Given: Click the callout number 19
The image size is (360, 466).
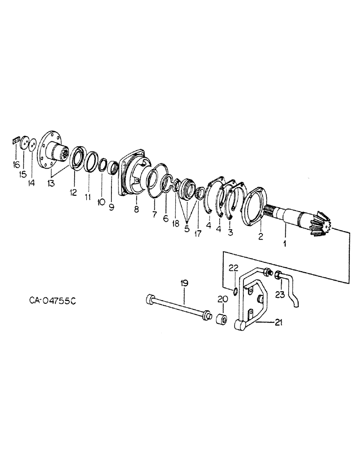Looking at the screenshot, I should coord(184,283).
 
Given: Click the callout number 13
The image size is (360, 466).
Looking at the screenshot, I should coord(51,183).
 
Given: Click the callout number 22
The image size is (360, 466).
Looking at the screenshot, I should coord(233,267).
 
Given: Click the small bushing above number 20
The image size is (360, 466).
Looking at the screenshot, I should coord(222,321).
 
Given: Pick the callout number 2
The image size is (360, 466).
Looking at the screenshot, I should coord(261,236).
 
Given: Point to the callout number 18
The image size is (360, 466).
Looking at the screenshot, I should coord(176,224).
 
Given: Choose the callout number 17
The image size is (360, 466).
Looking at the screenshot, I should coord(198,233).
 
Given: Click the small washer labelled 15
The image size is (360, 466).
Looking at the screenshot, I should coord(23,142).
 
